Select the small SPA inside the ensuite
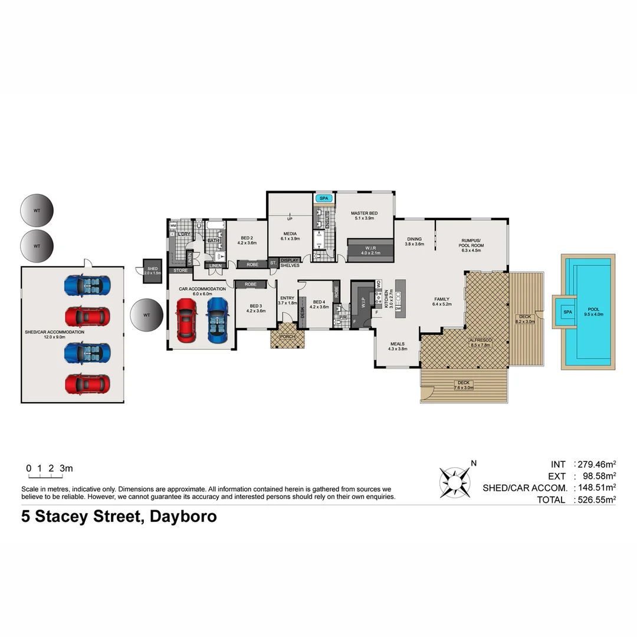click(x=323, y=199)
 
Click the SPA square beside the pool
click(x=567, y=311)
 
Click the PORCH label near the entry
click(x=287, y=337)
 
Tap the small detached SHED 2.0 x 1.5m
click(x=152, y=271)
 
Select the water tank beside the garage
click(x=146, y=316)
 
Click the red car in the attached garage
click(x=186, y=320)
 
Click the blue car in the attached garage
click(x=217, y=320)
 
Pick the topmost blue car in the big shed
click(x=87, y=285)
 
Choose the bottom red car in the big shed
click(x=87, y=384)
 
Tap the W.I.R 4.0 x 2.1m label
click(x=370, y=250)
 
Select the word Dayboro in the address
click(x=183, y=517)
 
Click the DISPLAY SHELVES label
click(x=290, y=262)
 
